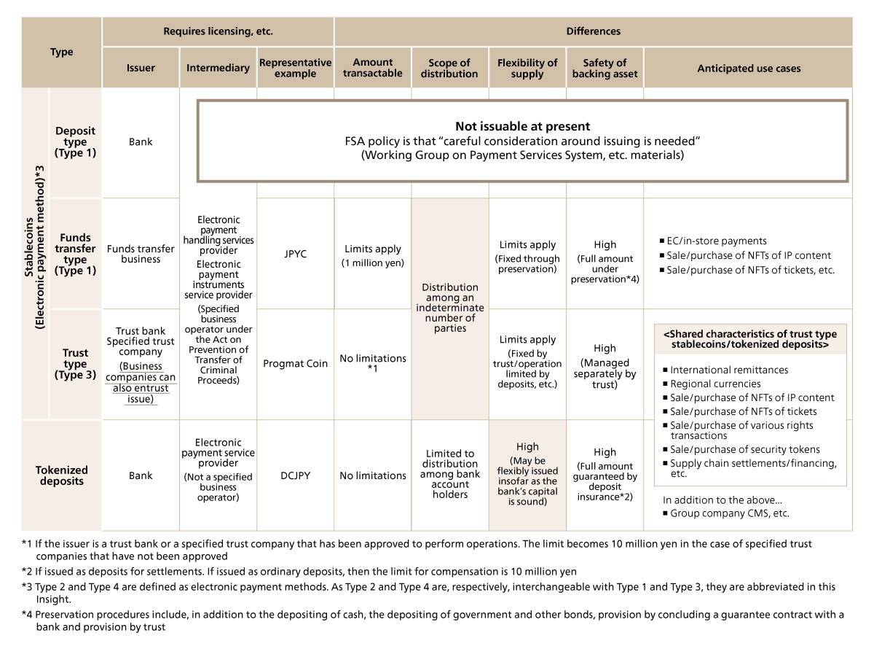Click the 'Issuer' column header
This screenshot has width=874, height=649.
pyautogui.click(x=141, y=68)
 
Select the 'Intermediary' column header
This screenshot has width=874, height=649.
pyautogui.click(x=218, y=68)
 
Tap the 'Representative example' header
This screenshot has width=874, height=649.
pyautogui.click(x=295, y=68)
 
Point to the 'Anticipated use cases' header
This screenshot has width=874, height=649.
pyautogui.click(x=748, y=69)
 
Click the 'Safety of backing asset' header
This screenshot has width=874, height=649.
pyautogui.click(x=605, y=68)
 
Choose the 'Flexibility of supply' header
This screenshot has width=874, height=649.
pyautogui.click(x=527, y=68)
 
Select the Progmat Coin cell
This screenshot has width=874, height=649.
pyautogui.click(x=295, y=364)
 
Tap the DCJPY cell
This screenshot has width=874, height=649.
pyautogui.click(x=295, y=475)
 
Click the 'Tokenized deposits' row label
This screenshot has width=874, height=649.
pyautogui.click(x=62, y=475)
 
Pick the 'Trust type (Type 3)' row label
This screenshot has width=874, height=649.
pyautogui.click(x=75, y=364)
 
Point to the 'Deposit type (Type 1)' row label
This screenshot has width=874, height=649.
pyautogui.click(x=75, y=142)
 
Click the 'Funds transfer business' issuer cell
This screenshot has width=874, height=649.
pyautogui.click(x=141, y=254)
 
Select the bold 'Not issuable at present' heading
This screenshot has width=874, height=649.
pyautogui.click(x=522, y=126)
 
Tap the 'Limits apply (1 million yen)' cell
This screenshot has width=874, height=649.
pyautogui.click(x=372, y=255)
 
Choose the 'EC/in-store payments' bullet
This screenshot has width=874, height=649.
pyautogui.click(x=717, y=241)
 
